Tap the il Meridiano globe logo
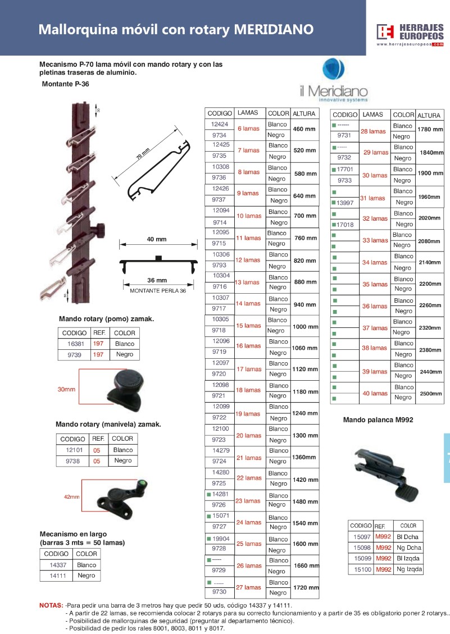click(x=334, y=69)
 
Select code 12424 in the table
click(x=219, y=124)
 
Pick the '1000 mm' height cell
click(x=306, y=327)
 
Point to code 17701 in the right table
click(x=345, y=170)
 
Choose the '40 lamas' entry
click(x=375, y=393)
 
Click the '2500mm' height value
click(x=430, y=394)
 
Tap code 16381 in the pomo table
click(x=76, y=344)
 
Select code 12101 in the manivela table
click(x=74, y=450)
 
